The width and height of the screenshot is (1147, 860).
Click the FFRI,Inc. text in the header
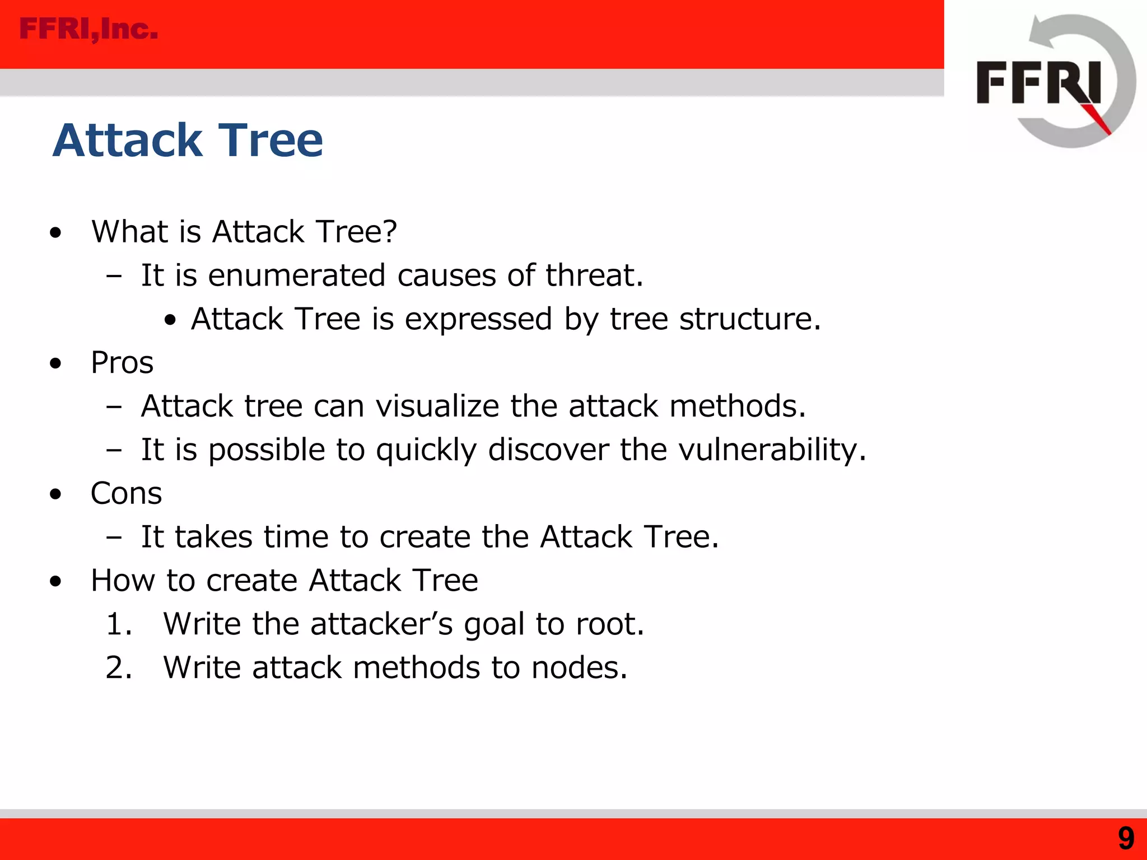[x=88, y=29]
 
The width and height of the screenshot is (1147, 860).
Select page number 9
[x=1126, y=839]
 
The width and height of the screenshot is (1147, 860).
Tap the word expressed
[x=478, y=319]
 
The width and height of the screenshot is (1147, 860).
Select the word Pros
[x=122, y=363]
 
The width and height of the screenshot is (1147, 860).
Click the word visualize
[x=437, y=406]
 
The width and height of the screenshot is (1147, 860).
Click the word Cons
[x=126, y=493]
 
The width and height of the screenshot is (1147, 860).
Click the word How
[x=123, y=580]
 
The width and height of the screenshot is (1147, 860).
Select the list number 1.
[x=118, y=624]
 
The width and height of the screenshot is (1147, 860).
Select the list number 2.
[x=118, y=668]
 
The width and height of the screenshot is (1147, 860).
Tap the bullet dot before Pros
[x=55, y=364]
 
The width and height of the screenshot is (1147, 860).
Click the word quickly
[x=426, y=451]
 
